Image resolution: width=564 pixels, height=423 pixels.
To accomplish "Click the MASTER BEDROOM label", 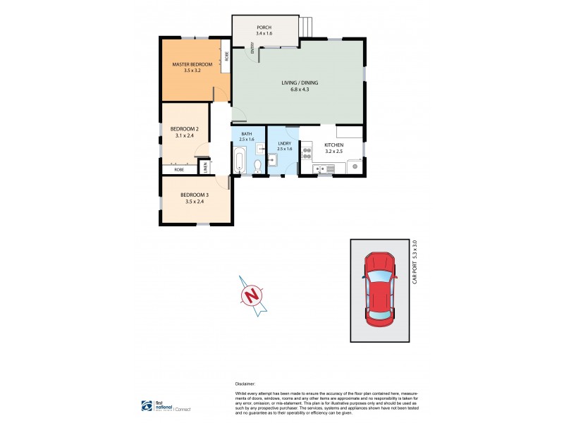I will pos(192,65).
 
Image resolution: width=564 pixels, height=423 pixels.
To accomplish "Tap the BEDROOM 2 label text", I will pos(185,129).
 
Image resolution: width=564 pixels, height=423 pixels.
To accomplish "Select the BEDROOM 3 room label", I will pos(195,195).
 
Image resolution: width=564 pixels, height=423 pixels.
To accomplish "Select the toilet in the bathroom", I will pos(257,165).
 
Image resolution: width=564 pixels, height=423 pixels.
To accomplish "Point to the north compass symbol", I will pos(251,296).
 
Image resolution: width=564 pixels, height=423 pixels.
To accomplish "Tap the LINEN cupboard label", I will pos(206,167).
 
